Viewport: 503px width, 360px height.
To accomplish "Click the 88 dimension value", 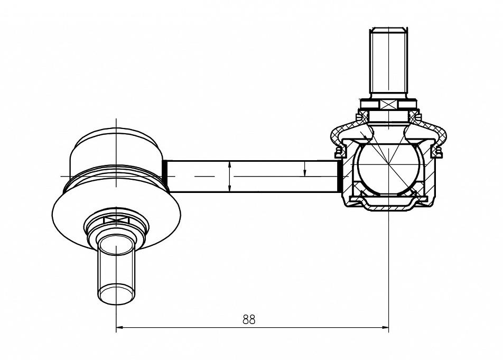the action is click(x=249, y=319).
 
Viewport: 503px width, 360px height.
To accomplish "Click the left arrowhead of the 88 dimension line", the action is click(x=119, y=328).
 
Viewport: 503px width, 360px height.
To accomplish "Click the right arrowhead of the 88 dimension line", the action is click(x=385, y=328).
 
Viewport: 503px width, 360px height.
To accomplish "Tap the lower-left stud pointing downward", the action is click(x=116, y=269).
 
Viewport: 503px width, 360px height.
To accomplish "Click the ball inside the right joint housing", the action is click(x=388, y=169).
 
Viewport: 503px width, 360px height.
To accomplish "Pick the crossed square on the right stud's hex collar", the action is click(x=388, y=105).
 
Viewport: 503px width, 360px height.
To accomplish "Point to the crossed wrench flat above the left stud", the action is click(x=116, y=220).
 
